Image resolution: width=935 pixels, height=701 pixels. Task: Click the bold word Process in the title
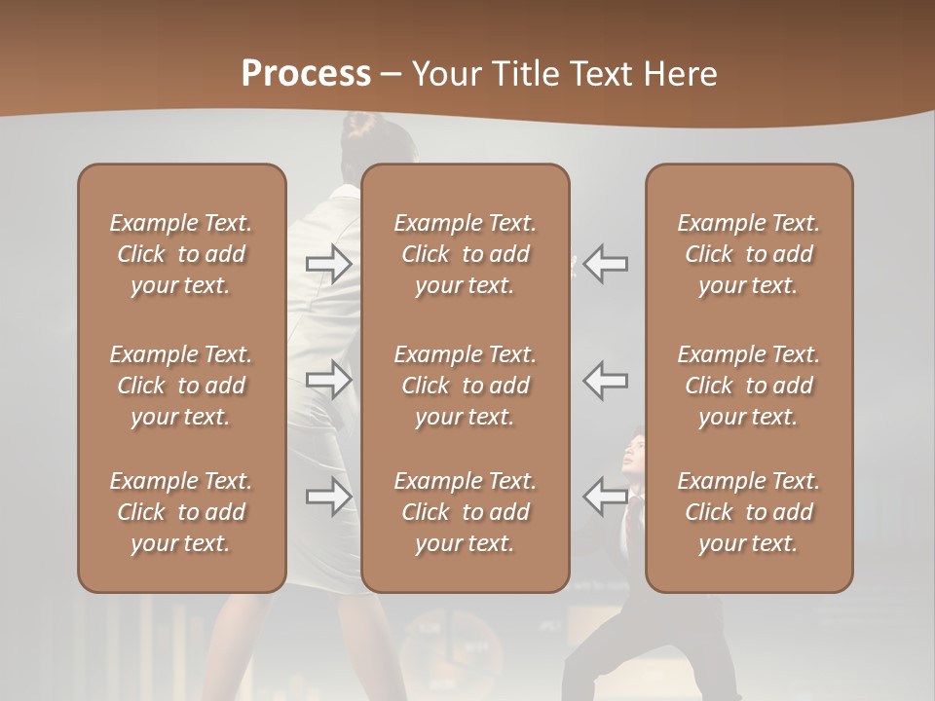pos(306,74)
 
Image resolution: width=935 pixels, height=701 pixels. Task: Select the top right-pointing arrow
pos(328,264)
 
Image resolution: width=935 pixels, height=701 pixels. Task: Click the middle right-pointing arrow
pos(328,380)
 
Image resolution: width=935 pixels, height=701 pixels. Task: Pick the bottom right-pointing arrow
pos(328,497)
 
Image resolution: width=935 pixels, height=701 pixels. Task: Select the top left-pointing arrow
pos(606,264)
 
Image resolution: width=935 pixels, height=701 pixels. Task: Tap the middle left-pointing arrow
pos(606,380)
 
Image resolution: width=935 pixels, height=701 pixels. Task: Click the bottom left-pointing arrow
pos(606,497)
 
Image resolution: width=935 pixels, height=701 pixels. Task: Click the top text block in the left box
pos(181,254)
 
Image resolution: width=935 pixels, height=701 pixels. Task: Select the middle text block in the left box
pos(181,386)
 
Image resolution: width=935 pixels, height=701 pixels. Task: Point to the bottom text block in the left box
pos(181,512)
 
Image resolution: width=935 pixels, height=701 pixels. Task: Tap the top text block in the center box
pos(465,254)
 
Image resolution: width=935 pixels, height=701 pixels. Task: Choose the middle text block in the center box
pos(465,386)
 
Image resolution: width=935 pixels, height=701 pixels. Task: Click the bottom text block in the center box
pos(465,512)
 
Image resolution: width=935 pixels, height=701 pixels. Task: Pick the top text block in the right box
pos(748,254)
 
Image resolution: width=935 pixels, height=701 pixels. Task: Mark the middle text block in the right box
pos(748,386)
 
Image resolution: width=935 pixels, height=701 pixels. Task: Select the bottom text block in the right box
pos(748,512)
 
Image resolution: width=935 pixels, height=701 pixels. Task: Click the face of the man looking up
pos(632,454)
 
